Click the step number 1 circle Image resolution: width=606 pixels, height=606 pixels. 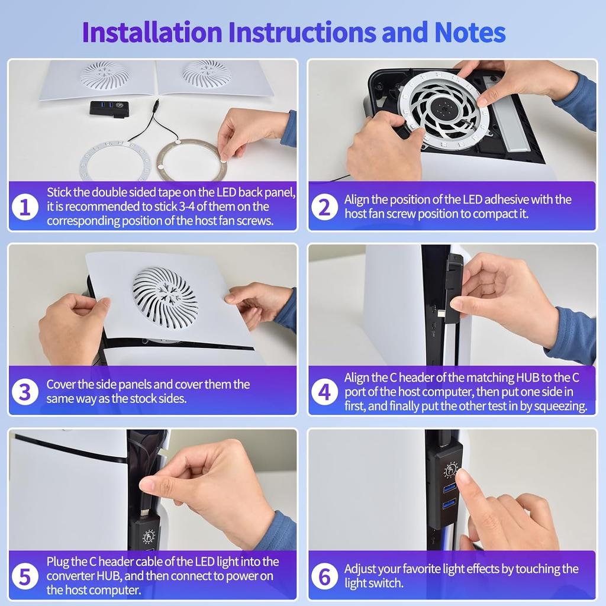[25, 207]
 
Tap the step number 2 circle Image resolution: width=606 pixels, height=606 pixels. [324, 207]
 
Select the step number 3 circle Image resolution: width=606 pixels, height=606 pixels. [25, 392]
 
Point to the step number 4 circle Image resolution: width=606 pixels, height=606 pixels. [324, 392]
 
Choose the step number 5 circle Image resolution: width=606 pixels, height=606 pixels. [25, 575]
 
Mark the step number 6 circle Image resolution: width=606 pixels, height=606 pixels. [324, 575]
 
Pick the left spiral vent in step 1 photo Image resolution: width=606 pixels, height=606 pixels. [105, 73]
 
